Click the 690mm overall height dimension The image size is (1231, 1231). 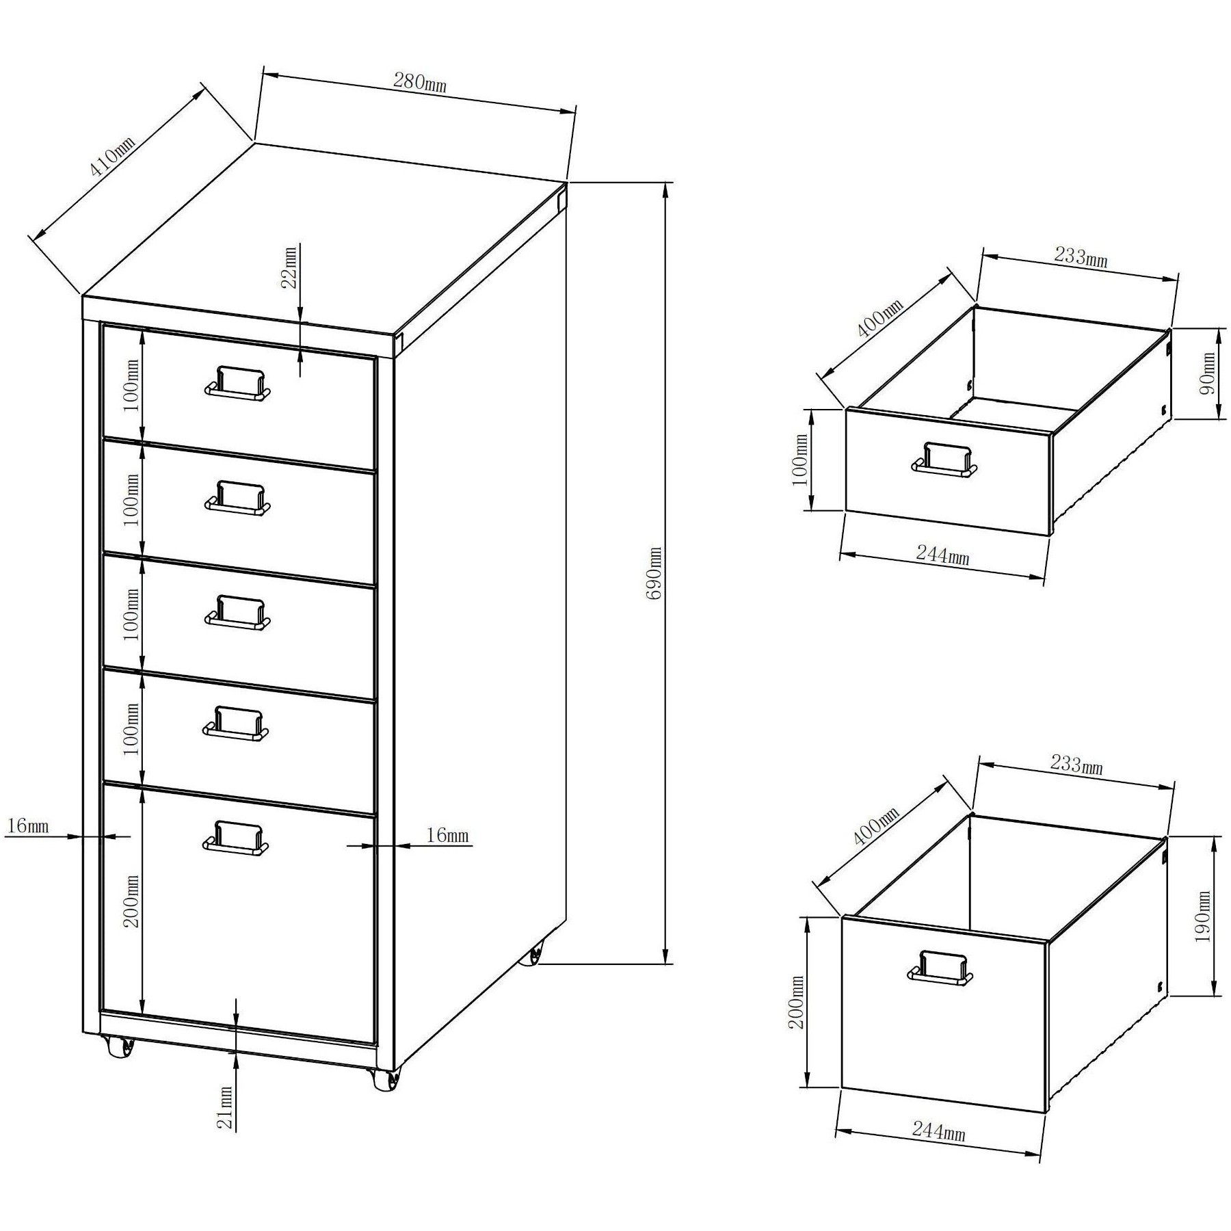coord(654,573)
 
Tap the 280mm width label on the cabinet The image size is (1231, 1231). coord(419,83)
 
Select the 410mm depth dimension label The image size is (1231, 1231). coord(113,166)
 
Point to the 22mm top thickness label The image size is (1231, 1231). coord(290,267)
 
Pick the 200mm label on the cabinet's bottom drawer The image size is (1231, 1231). coord(132,901)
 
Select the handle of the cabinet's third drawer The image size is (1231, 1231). coord(237,612)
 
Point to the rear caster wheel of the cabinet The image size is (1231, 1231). coord(531,953)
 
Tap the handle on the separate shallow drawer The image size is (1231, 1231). coord(945,458)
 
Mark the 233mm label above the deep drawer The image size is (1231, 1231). coord(1076,763)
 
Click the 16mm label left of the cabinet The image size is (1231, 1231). coord(28,825)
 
